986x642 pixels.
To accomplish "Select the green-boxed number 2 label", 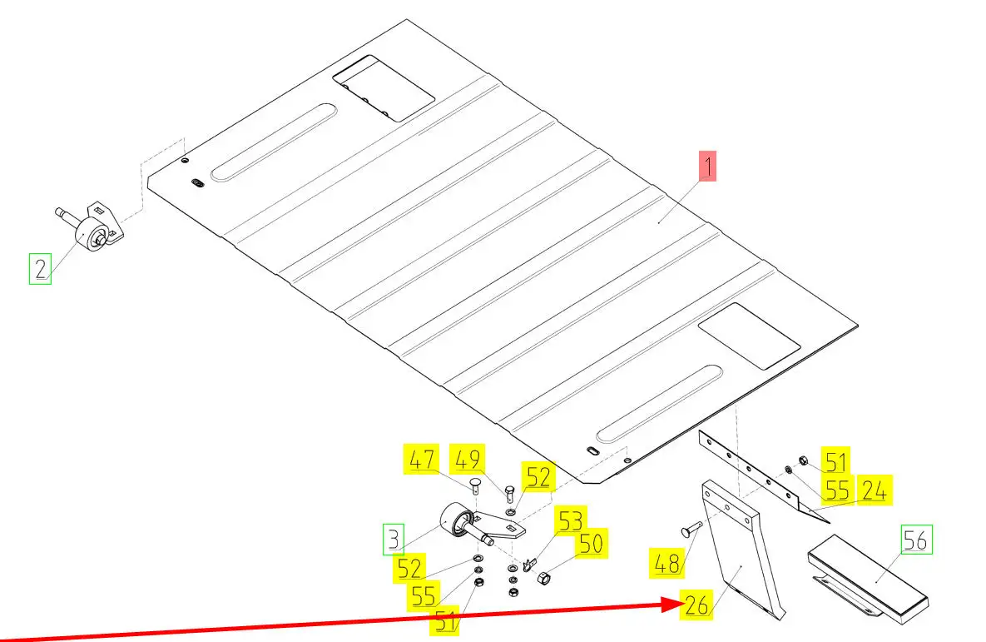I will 41,269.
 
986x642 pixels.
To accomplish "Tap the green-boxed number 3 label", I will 394,540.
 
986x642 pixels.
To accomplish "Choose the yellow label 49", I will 468,460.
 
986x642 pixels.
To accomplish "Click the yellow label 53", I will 570,522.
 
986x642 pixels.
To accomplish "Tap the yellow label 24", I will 874,490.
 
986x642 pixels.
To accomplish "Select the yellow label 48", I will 667,563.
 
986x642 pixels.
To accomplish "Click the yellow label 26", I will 697,605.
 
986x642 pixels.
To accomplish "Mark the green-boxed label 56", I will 915,540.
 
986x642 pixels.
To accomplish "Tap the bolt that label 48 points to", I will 690,529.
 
